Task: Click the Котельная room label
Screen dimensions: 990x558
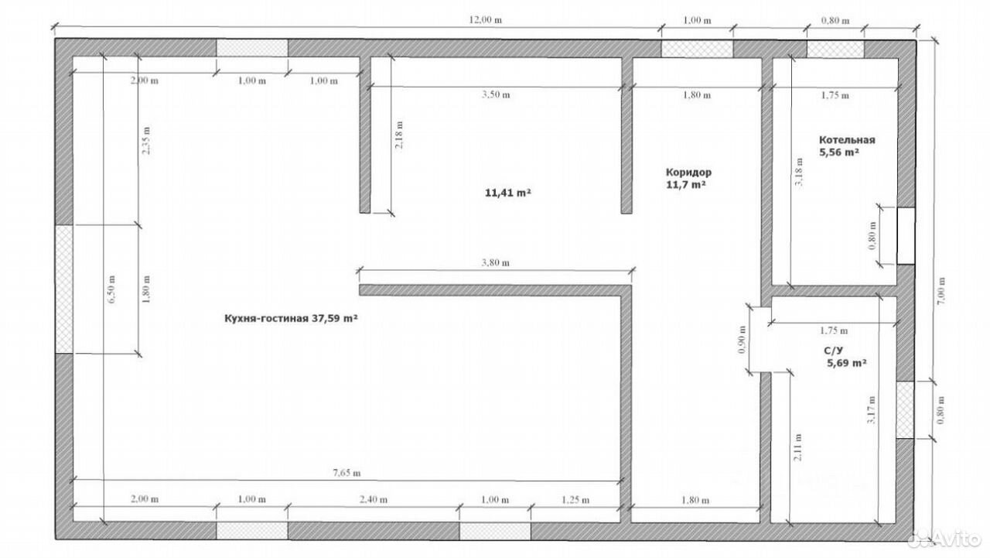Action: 847,140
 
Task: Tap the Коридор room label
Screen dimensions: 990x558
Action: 688,173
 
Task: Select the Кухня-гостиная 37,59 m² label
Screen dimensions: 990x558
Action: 291,318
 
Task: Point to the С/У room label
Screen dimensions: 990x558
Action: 833,351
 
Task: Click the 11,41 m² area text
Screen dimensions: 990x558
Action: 508,193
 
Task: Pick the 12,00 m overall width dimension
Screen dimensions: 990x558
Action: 485,20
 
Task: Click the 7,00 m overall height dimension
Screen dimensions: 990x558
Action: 941,290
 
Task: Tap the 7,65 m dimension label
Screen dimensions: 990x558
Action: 346,473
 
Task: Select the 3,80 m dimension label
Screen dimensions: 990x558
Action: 496,262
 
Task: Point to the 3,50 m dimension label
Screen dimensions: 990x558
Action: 496,94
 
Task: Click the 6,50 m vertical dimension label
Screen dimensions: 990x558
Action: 111,289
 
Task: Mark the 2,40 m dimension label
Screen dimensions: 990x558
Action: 374,499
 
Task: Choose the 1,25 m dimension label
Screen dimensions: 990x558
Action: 575,500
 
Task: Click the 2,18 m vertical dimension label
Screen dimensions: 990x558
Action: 398,135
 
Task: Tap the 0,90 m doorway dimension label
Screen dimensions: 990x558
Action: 742,340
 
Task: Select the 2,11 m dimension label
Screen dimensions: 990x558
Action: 797,447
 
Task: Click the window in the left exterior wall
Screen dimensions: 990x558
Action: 64,289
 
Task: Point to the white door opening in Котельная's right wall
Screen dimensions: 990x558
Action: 906,236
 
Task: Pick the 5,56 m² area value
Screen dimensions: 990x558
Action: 839,152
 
